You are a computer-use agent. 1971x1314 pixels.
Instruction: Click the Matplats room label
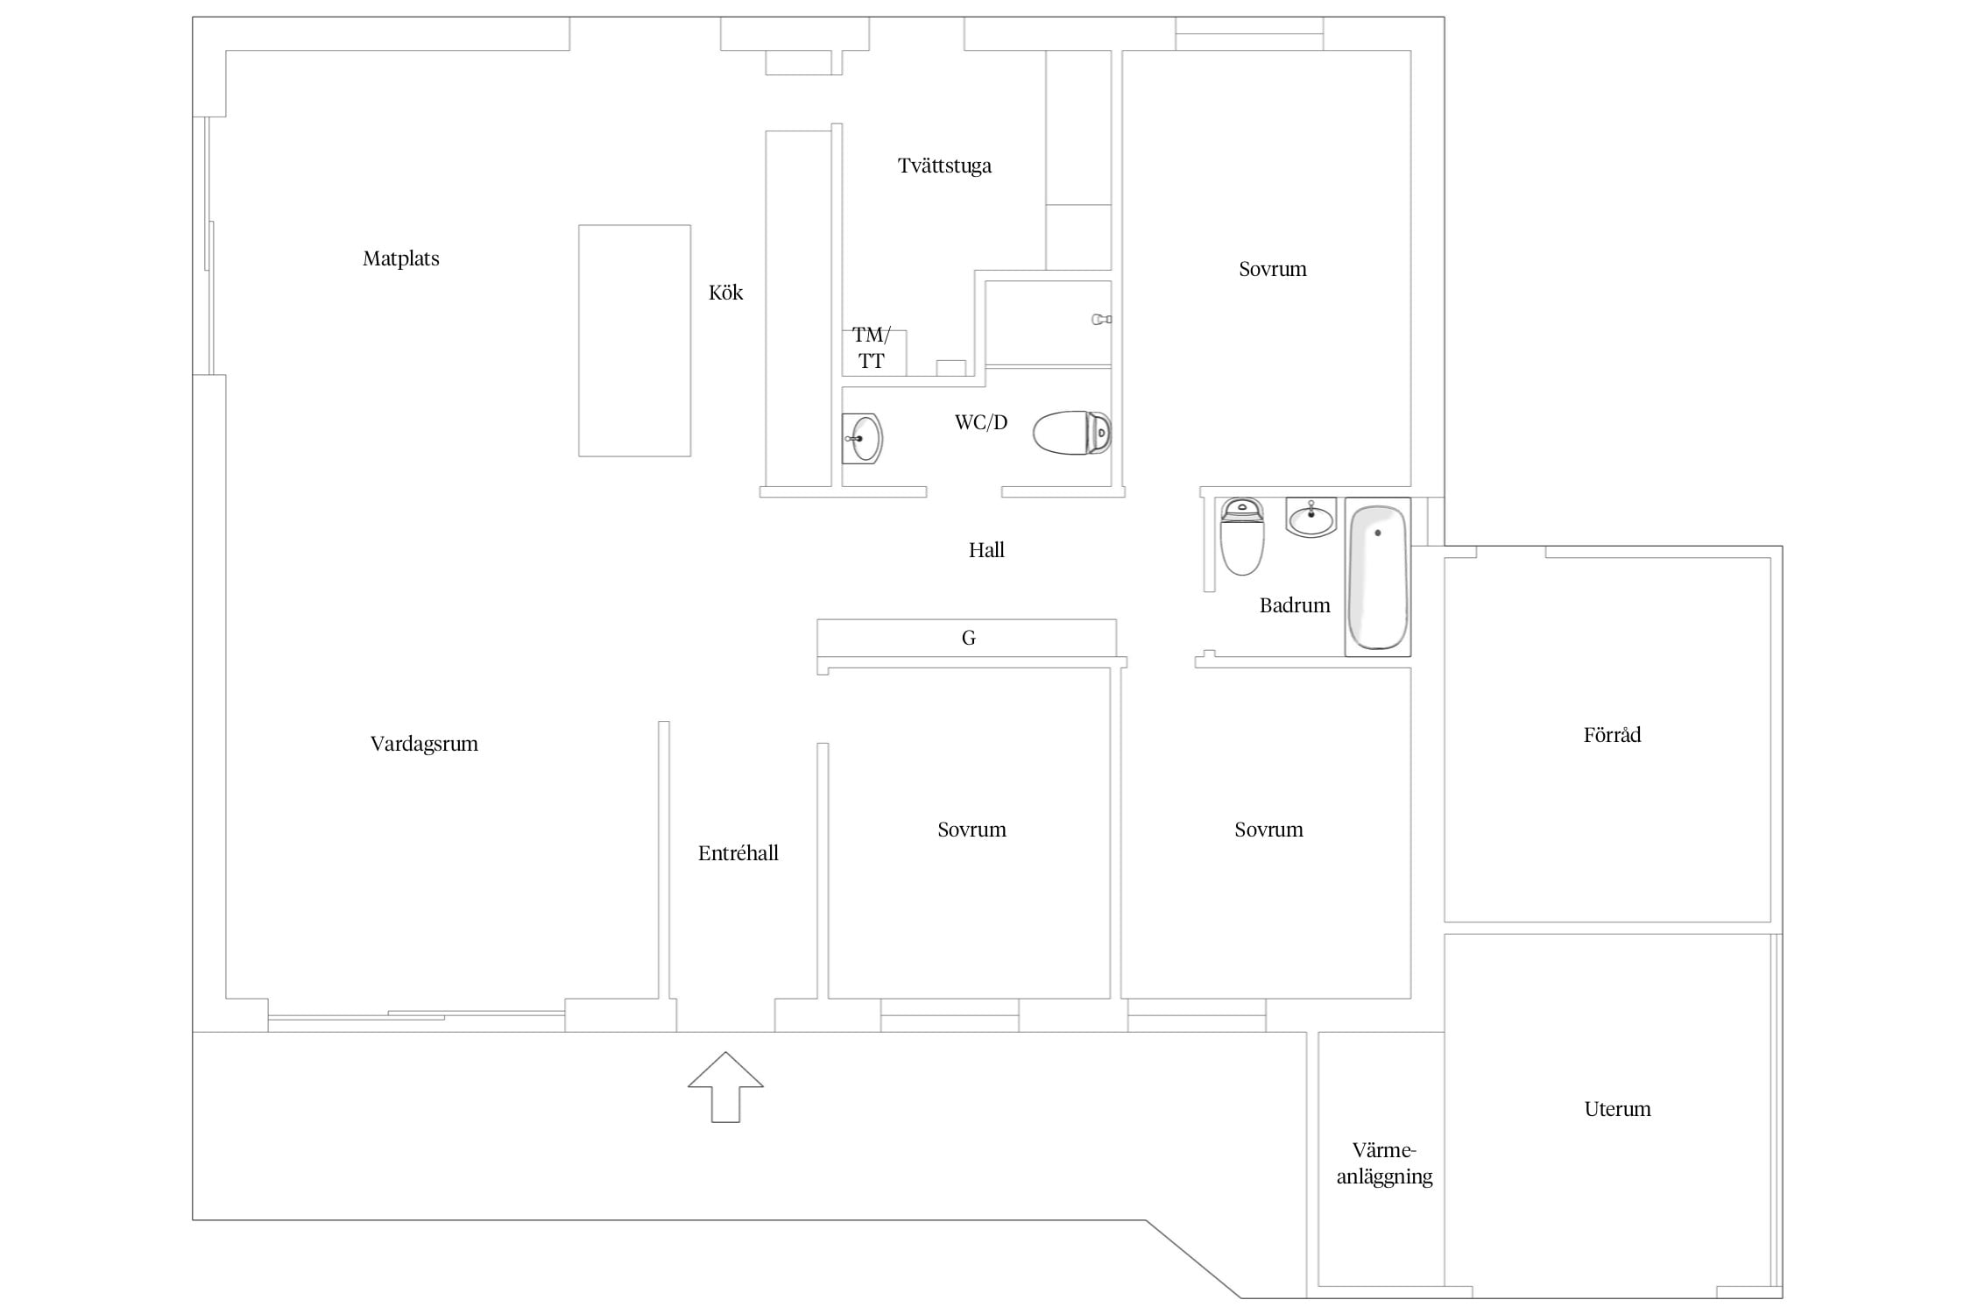[x=401, y=258]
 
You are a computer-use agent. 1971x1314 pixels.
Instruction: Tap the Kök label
[x=725, y=293]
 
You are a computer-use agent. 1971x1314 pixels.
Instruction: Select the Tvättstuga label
[x=944, y=166]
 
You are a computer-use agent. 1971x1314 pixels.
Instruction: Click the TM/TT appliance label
[x=871, y=348]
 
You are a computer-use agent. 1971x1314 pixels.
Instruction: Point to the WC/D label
[x=981, y=422]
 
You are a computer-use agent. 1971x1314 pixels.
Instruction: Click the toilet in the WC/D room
[x=1072, y=433]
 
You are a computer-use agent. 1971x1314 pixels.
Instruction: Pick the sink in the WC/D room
[x=863, y=438]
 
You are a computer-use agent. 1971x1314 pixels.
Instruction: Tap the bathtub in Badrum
[x=1377, y=576]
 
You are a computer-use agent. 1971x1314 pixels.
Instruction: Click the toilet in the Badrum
[x=1242, y=536]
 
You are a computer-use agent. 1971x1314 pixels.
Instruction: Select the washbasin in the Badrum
[x=1310, y=517]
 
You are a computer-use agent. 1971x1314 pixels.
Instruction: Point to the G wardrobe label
[x=968, y=638]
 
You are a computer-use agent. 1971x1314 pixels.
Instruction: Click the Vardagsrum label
[x=424, y=744]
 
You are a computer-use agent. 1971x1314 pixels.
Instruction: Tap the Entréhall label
[x=738, y=853]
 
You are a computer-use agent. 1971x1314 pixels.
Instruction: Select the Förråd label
[x=1612, y=735]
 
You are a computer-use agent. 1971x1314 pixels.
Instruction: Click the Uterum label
[x=1617, y=1109]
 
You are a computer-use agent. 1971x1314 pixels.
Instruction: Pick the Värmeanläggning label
[x=1384, y=1163]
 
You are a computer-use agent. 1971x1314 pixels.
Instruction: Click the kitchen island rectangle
[x=634, y=341]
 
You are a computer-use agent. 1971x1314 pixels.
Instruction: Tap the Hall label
[x=986, y=550]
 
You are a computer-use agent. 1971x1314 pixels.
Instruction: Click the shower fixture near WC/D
[x=1101, y=320]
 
